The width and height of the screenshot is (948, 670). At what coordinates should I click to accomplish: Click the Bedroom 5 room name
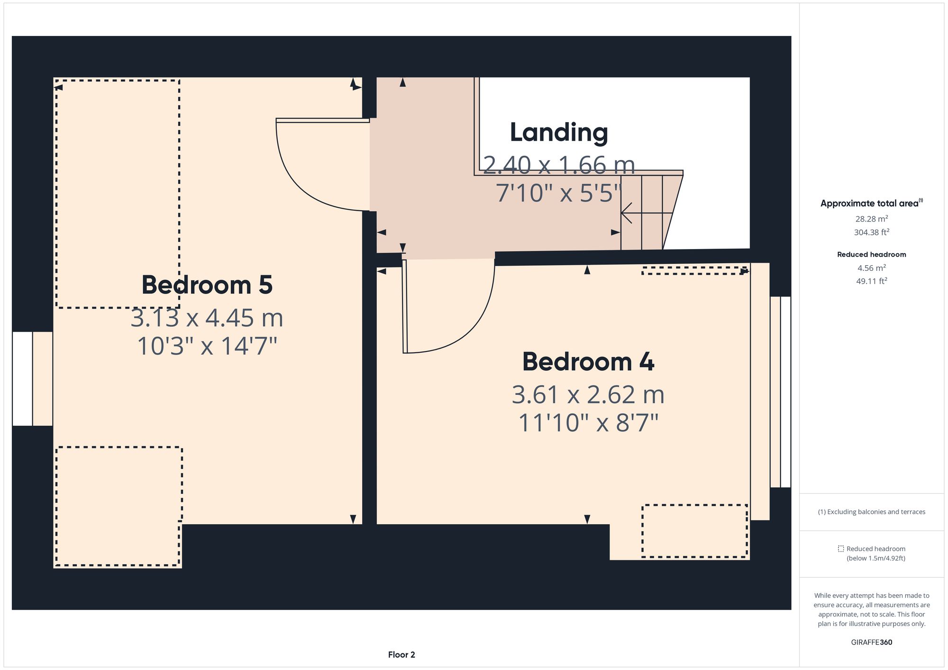coord(207,285)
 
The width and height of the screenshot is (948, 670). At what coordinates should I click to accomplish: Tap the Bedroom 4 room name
coord(588,362)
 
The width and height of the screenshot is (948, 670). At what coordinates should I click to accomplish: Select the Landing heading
coord(559,133)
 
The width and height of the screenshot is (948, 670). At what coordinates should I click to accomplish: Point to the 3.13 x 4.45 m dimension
coord(207,318)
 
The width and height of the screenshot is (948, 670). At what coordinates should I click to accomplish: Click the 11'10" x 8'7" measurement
coord(588,423)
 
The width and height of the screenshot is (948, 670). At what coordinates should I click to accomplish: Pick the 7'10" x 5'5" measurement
coord(558,193)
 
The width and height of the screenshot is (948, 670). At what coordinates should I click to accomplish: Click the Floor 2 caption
coord(401,655)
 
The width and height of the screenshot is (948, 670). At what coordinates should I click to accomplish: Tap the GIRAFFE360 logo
coord(872,643)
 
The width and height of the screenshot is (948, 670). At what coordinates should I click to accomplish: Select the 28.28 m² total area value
coord(872,219)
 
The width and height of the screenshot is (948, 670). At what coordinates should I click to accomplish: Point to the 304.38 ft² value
coord(872,232)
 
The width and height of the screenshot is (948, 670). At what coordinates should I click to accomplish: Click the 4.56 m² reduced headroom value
coord(872,268)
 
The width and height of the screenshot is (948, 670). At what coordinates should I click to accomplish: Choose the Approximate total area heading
coord(872,203)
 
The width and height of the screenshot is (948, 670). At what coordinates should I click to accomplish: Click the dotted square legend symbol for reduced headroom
coord(841,549)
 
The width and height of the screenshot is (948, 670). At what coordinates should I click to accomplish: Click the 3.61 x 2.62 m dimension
coord(588,395)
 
